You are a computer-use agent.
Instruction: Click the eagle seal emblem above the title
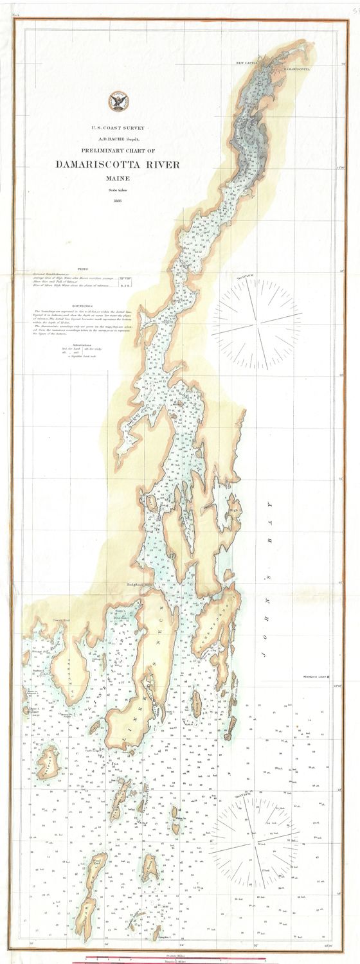click(x=118, y=100)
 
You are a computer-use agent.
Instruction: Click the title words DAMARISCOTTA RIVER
click(x=118, y=165)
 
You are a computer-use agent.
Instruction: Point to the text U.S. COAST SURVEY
click(x=118, y=129)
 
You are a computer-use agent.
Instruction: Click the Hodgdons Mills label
click(x=138, y=584)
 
